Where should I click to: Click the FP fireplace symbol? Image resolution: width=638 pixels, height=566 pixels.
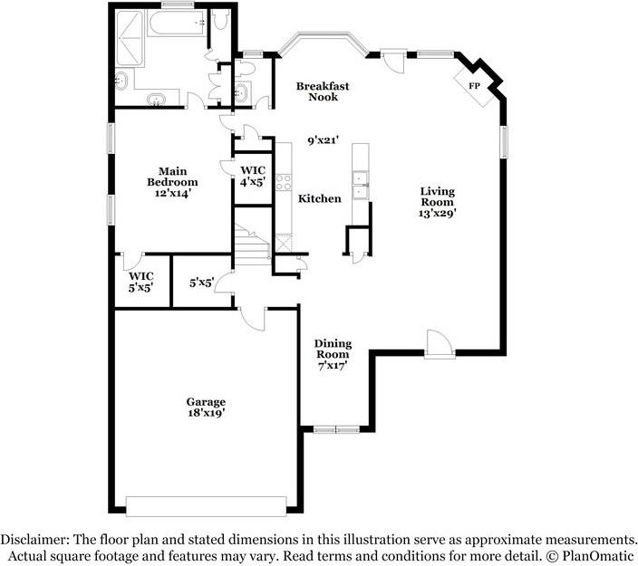(x=474, y=85)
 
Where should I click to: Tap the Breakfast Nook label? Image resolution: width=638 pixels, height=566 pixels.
(x=323, y=91)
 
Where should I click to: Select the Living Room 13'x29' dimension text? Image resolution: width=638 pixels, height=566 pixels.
(x=438, y=214)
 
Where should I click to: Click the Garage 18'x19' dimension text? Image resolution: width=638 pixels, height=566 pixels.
(x=207, y=412)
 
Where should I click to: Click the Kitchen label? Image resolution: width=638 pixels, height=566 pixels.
(x=320, y=198)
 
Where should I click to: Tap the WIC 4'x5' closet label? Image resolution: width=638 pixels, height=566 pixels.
(x=252, y=176)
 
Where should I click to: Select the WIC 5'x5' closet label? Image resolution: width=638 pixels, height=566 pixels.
(x=141, y=282)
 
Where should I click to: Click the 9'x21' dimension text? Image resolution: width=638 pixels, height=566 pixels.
(x=323, y=140)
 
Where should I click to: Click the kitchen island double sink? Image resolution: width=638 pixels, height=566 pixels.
(x=360, y=184)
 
